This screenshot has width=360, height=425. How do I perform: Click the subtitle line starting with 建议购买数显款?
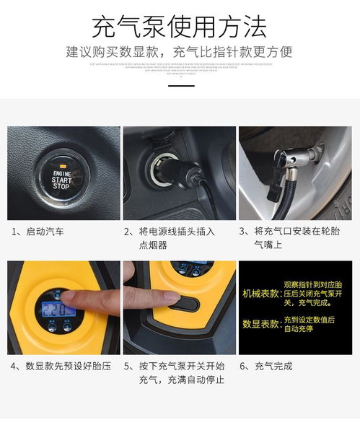click(x=180, y=52)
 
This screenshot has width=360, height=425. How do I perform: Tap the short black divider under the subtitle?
click(x=180, y=85)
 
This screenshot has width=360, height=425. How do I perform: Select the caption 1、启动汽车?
click(x=38, y=232)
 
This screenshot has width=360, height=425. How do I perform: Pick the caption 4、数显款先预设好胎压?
click(x=61, y=366)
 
